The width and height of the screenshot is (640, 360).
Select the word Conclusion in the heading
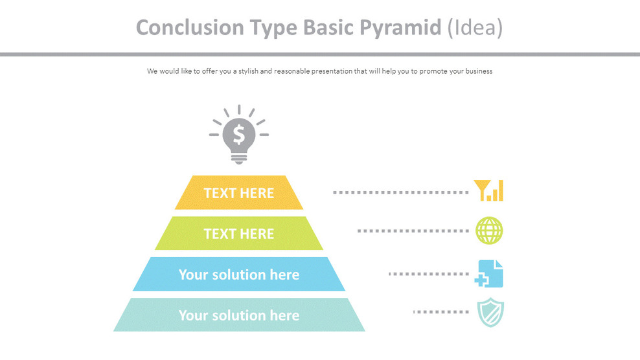point(181,28)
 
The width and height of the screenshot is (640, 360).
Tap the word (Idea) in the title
point(475,28)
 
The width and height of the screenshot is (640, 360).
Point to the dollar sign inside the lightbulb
point(239,135)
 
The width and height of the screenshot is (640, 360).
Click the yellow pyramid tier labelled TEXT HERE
point(239,193)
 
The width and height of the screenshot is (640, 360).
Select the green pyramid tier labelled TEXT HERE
point(239,234)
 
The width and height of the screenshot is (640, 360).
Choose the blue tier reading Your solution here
point(239,275)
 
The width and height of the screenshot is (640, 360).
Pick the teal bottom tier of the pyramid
point(239,315)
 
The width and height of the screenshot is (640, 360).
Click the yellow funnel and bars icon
point(488,190)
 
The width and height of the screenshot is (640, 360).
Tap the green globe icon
point(489,231)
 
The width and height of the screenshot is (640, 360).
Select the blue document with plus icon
point(489,273)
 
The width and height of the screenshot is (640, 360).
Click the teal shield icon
point(490,313)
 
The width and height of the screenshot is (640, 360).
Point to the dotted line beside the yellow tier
point(400,192)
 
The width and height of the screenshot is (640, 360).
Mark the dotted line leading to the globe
point(412,231)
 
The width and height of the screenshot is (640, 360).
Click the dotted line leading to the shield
point(440,312)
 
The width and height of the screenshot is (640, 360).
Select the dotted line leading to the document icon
point(428,274)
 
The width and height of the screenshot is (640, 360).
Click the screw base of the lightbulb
point(239,157)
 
